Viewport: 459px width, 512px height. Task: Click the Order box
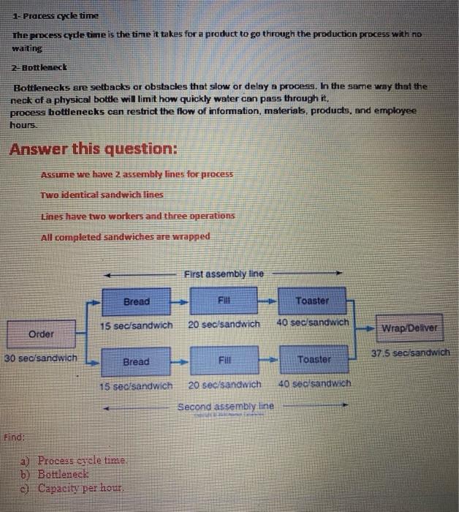42,334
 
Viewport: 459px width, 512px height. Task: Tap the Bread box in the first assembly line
136,301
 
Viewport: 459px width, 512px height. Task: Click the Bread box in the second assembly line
136,361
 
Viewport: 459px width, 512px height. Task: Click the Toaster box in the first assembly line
312,301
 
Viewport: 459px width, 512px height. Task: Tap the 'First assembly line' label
223,274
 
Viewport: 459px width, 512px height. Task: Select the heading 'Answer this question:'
93,148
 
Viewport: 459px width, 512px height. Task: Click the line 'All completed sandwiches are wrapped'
126,236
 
